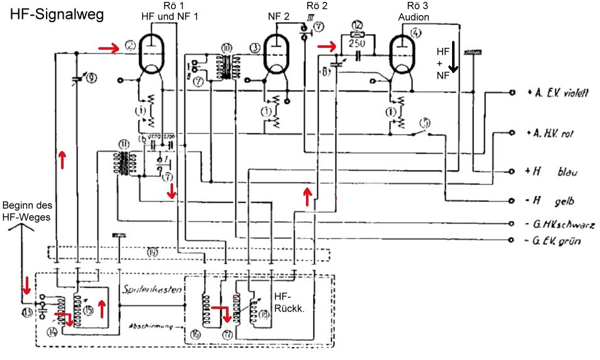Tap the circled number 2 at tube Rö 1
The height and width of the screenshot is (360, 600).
click(130, 45)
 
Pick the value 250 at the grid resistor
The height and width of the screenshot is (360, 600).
click(358, 37)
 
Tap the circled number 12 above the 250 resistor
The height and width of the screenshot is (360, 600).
click(358, 25)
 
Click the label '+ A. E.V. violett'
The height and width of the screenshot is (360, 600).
click(557, 93)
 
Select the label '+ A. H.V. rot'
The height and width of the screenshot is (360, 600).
click(553, 133)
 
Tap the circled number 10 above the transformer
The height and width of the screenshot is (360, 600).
click(227, 47)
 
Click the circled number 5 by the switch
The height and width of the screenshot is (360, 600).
click(426, 123)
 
